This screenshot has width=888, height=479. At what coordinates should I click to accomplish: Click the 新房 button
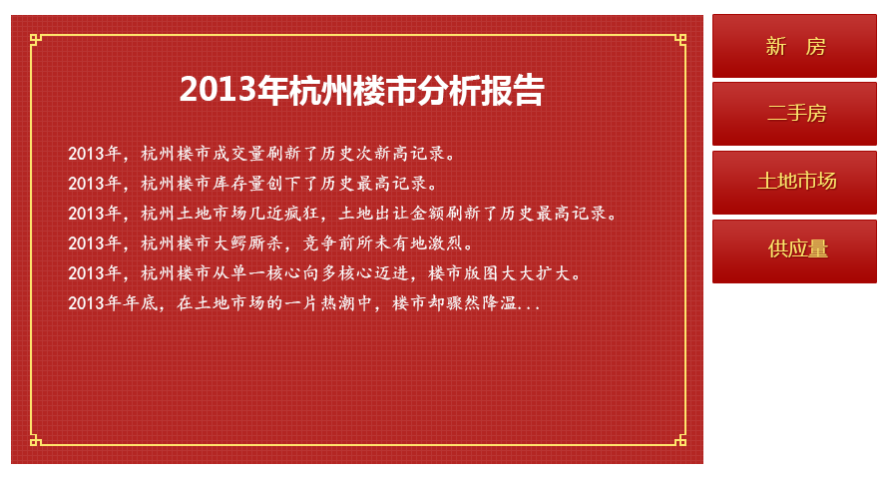(794, 46)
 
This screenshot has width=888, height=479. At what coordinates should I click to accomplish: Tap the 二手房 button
(794, 114)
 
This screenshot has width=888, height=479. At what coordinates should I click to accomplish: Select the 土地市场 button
(794, 183)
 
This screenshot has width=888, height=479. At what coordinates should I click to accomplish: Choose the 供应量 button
(794, 251)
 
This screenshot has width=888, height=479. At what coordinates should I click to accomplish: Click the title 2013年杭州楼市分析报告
(362, 90)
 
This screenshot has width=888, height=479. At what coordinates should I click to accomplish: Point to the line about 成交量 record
(261, 154)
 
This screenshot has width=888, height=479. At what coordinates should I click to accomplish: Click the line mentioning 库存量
(253, 184)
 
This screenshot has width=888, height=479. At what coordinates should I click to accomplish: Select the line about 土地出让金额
(342, 214)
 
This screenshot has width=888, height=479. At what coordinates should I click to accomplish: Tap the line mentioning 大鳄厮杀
(270, 243)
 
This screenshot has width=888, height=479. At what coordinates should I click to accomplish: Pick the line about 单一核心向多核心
(324, 273)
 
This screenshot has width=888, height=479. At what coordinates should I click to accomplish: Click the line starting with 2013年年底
(304, 303)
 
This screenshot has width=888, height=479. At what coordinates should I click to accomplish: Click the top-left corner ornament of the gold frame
(36, 40)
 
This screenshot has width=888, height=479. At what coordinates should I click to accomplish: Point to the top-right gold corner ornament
(680, 40)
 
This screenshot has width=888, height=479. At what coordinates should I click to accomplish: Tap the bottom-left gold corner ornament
(36, 439)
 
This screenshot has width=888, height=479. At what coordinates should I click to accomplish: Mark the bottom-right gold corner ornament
(680, 439)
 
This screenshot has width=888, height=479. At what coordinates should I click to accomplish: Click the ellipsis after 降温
(528, 307)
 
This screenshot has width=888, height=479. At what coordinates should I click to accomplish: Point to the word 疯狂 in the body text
(300, 214)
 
